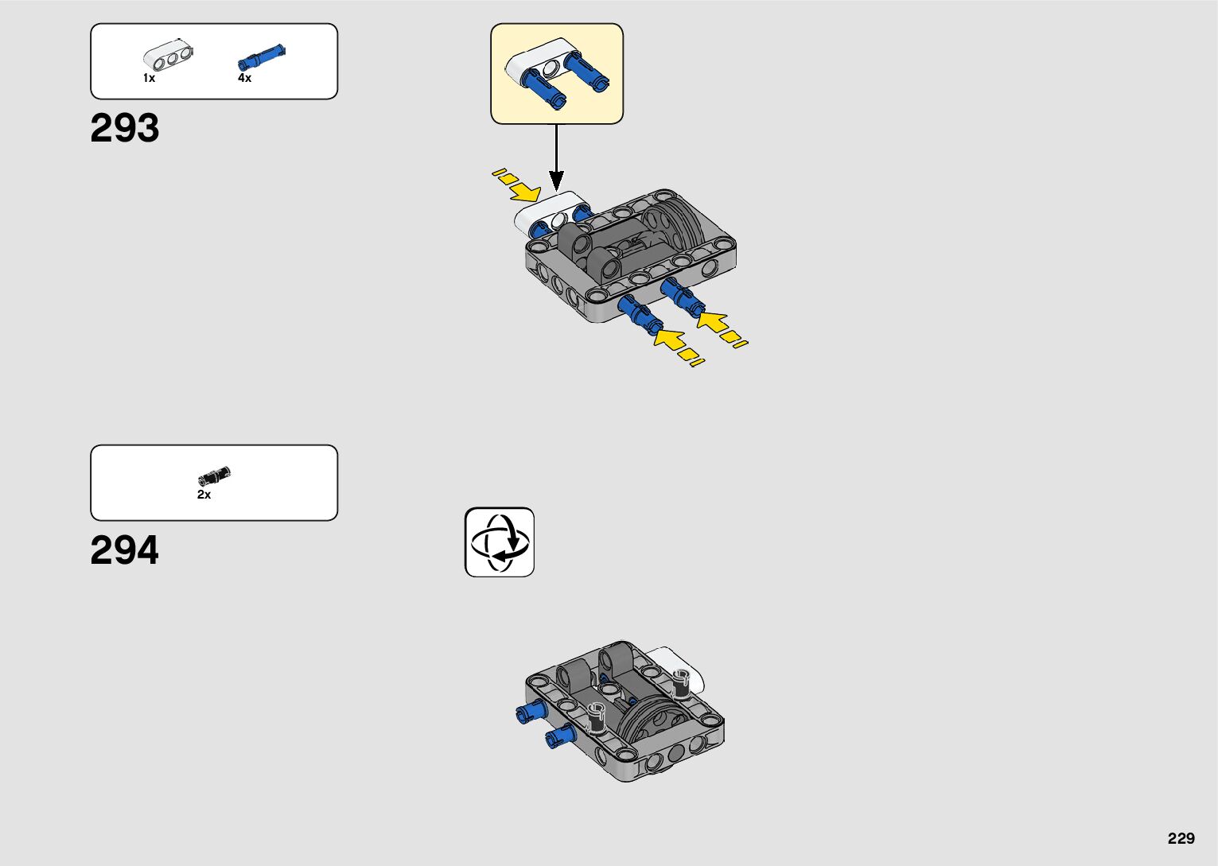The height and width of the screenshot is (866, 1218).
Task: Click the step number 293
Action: tap(125, 128)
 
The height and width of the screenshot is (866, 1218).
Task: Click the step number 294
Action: tap(125, 550)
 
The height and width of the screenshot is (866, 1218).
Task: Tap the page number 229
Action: tap(1181, 838)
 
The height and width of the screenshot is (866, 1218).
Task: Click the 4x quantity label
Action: tap(244, 78)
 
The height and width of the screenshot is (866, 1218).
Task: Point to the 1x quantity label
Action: tap(149, 78)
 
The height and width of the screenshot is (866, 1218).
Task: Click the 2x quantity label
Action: tap(204, 495)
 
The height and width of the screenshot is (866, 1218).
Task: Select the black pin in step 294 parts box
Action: tap(214, 476)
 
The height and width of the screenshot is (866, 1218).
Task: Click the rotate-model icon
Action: tap(500, 542)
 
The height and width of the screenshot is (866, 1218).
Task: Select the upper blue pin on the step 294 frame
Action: tap(530, 713)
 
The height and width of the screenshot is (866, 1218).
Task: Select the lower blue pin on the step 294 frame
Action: tap(561, 736)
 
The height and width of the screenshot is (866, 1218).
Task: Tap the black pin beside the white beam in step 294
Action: tap(680, 683)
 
